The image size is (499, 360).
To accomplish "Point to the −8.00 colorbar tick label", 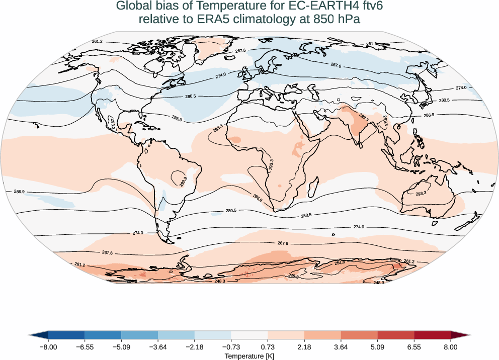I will click(48, 347).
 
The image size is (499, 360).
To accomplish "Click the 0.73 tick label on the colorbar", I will click(268, 347).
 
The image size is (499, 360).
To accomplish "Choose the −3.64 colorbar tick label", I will click(158, 347).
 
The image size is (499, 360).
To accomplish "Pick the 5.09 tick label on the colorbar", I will click(377, 347).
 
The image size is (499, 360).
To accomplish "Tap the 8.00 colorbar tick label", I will click(451, 347).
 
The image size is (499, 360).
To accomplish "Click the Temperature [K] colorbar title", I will click(249, 356).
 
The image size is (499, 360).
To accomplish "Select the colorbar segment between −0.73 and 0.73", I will click(249, 335).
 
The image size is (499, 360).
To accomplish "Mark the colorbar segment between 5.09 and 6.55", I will click(396, 335).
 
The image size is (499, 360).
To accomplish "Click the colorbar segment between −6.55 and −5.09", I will click(103, 335).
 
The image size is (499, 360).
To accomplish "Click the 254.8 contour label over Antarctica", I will click(340, 262).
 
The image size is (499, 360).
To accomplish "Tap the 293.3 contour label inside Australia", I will click(421, 193).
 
